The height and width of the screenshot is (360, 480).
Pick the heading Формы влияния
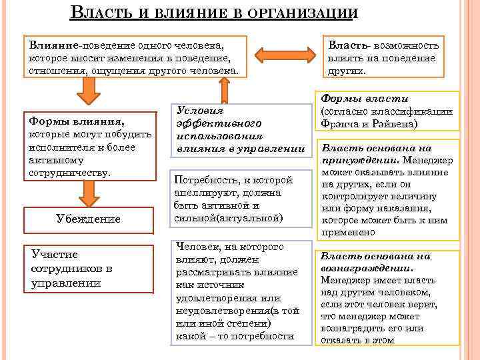pos(75,121)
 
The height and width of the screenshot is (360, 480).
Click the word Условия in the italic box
pos(199,111)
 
